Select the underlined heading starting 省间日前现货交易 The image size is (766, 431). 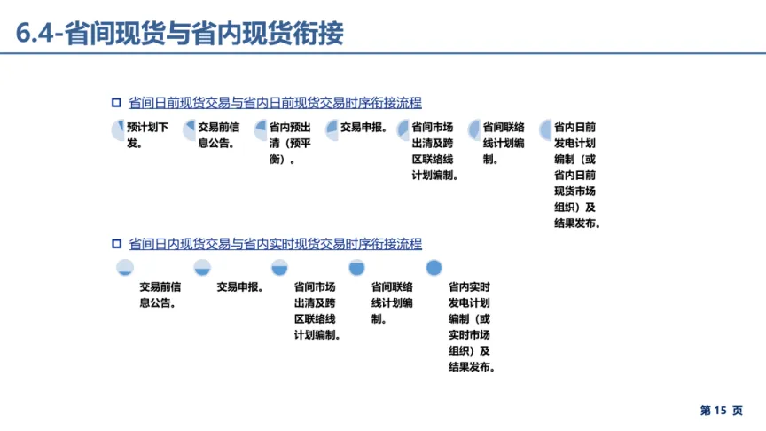pos(275,102)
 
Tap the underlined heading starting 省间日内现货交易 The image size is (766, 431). pos(275,244)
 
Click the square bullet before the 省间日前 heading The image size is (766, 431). pos(116,102)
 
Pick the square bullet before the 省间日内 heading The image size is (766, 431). pos(116,244)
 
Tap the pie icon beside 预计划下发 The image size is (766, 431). pos(119,129)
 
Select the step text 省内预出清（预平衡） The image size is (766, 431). pos(290,143)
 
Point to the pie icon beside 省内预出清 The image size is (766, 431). pos(261,129)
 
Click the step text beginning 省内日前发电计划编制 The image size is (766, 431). pos(577,175)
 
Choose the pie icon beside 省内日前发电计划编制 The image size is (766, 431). pos(545,129)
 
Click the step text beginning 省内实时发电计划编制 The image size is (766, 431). pos(470,327)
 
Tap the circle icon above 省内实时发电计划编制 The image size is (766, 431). pos(434,267)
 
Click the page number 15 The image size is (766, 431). pos(720,411)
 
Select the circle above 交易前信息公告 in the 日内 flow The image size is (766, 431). pos(125,267)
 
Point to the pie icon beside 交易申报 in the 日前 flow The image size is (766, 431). pos(332,129)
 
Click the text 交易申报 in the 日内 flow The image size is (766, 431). pos(239,286)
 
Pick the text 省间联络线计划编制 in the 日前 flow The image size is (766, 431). pos(504,143)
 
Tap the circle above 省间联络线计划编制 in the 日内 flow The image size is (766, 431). pos(356,267)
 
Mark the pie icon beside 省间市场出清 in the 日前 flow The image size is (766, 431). pos(403,129)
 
